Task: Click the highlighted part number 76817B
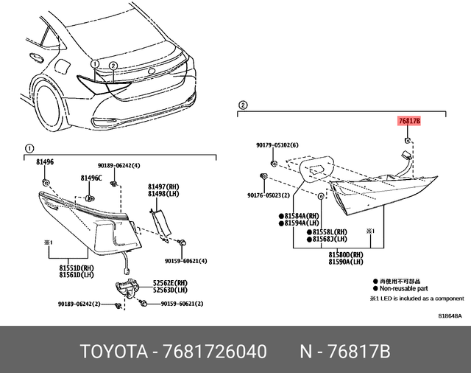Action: click(408, 122)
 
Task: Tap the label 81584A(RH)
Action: click(300, 215)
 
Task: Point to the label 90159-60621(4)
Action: click(185, 260)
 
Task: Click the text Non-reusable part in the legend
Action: click(405, 290)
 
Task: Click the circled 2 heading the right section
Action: click(243, 105)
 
